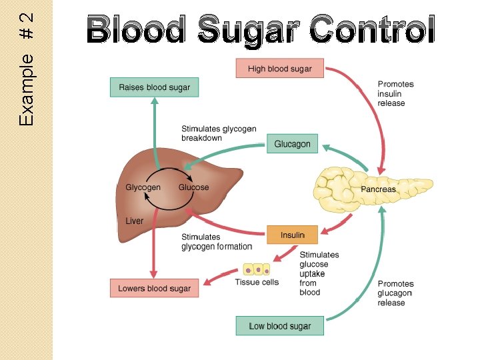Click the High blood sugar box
tap(279, 69)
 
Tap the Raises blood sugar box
tap(154, 87)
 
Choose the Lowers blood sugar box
tap(154, 289)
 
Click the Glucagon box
tap(292, 144)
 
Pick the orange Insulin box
tap(292, 235)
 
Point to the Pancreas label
tap(378, 189)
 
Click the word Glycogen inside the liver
tap(143, 187)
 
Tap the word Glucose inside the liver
tap(193, 187)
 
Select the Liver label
tap(134, 221)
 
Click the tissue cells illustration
tap(257, 270)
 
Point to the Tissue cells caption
tap(257, 282)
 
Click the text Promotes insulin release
tap(395, 93)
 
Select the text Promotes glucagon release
tap(395, 293)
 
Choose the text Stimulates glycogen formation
tap(217, 241)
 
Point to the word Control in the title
tap(373, 30)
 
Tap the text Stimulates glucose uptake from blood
tap(319, 273)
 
